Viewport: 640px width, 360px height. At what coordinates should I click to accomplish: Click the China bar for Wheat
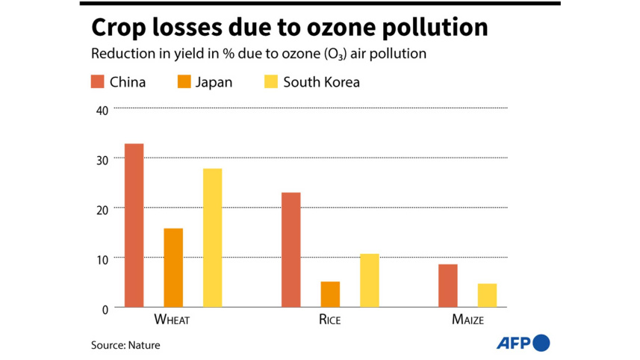(x=134, y=225)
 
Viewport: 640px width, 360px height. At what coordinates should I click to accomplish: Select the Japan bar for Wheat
(x=173, y=267)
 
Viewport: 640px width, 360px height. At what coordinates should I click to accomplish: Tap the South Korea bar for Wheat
(x=212, y=238)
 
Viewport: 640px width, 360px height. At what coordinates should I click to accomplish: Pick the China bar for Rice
(x=291, y=249)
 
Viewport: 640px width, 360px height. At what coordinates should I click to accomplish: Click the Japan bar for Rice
(x=330, y=294)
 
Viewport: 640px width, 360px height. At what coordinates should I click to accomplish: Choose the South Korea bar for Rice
(x=369, y=280)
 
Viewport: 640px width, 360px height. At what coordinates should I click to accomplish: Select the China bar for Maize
(x=448, y=285)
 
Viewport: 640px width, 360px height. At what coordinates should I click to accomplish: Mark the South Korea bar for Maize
(x=487, y=295)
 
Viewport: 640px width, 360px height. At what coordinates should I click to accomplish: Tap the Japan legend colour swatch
(x=185, y=81)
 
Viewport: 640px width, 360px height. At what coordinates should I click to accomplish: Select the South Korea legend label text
(x=321, y=82)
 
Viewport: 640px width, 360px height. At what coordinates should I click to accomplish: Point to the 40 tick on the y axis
(x=102, y=110)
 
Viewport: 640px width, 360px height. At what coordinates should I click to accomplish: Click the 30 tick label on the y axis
(x=102, y=159)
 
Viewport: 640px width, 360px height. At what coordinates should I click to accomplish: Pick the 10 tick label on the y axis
(x=102, y=258)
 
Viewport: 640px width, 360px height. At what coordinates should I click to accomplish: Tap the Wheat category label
(x=171, y=320)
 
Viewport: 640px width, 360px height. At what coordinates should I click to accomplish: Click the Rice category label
(x=329, y=320)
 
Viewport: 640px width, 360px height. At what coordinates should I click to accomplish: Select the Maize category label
(x=467, y=320)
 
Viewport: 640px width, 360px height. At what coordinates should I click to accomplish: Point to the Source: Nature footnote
(x=125, y=345)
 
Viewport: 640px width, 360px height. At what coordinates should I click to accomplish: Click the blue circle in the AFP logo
(x=542, y=343)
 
